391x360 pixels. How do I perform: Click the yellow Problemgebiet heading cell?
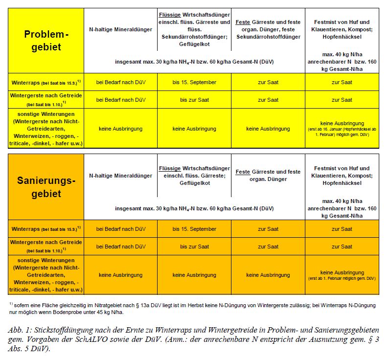coord(46,41)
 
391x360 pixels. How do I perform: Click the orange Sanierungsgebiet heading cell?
coord(46,187)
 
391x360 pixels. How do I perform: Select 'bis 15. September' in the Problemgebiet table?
coord(194,82)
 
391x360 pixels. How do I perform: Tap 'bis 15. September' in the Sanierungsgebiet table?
coord(194,229)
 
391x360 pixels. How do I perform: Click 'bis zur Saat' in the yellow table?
coord(194,100)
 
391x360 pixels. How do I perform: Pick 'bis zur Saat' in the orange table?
coord(194,247)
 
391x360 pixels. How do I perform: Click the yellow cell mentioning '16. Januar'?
coord(342,129)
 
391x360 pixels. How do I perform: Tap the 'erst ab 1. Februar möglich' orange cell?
coord(342,275)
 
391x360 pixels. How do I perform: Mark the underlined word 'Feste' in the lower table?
coord(243,172)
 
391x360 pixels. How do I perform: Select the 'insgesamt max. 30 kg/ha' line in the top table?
coord(194,63)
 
